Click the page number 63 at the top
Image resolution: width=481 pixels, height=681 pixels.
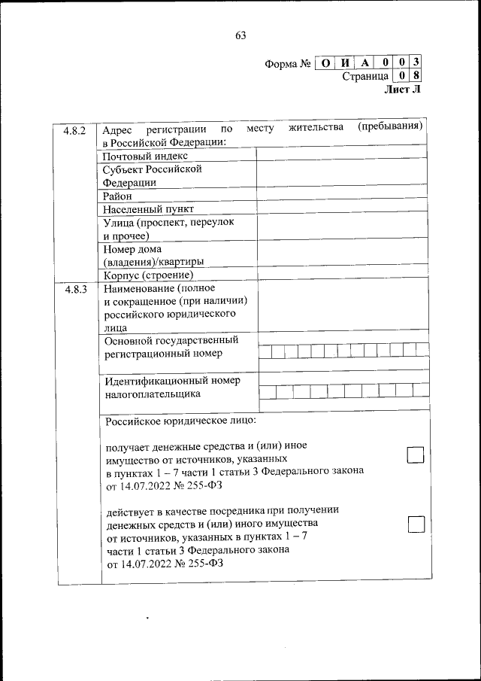240,35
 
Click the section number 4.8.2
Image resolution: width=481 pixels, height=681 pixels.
75,130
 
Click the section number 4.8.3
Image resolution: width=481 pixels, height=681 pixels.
75,289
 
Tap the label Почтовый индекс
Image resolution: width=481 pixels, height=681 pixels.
144,156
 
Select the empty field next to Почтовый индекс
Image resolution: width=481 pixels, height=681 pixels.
343,155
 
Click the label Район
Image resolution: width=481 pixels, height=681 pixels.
118,195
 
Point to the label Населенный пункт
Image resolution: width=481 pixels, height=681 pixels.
149,208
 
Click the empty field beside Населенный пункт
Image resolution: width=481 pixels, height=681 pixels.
343,208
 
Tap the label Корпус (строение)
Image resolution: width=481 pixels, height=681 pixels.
144,275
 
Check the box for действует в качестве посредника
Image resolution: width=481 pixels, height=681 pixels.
416,524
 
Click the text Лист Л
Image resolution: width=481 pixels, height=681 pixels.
403,89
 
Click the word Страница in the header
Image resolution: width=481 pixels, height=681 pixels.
365,76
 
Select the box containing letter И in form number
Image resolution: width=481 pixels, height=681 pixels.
344,63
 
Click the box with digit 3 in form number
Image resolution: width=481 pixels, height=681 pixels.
416,63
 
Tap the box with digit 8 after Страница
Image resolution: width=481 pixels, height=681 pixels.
416,76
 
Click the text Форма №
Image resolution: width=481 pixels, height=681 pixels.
288,64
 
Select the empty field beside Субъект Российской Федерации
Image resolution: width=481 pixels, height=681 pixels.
343,175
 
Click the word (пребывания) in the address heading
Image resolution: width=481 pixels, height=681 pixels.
391,126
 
